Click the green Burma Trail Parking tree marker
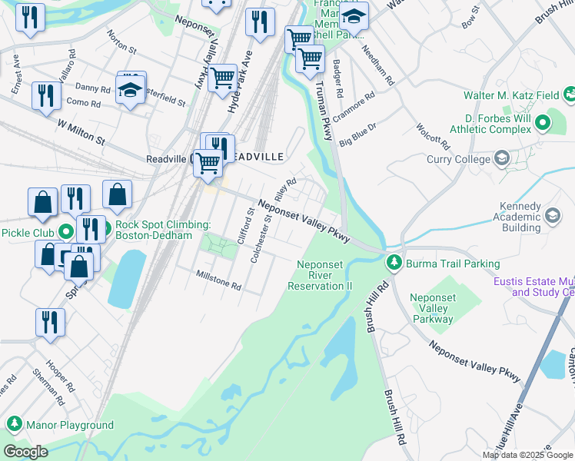tap(394, 264)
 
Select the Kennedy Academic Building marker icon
tap(552, 217)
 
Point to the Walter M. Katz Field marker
tap(570, 96)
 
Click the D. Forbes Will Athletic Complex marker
tap(543, 121)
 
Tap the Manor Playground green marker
tap(14, 424)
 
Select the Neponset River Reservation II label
tap(319, 275)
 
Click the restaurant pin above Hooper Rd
tap(51, 323)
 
